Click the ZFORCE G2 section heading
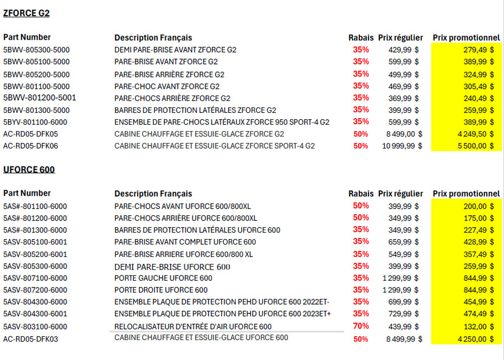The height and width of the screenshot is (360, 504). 27,14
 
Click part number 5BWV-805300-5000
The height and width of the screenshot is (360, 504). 36,50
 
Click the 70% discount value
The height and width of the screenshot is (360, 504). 361,326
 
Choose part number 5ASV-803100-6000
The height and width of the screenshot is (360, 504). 35,326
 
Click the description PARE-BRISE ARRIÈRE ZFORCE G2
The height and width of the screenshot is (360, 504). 169,74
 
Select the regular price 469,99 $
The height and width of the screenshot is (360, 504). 404,86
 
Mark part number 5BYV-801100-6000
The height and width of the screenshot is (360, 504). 36,122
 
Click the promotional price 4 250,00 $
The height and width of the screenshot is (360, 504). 475,339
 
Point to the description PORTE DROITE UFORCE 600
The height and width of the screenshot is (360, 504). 161,290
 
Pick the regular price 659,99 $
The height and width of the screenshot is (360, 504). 404,242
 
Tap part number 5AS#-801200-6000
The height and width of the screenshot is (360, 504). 35,218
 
